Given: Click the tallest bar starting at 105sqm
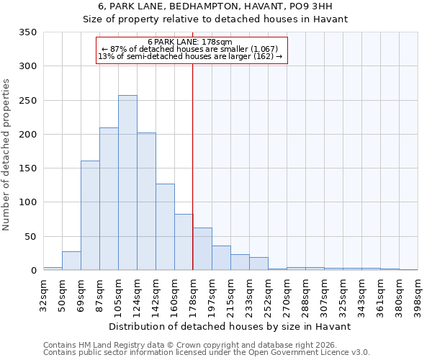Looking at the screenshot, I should coord(127,183).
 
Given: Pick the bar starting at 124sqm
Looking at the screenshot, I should coord(146,202).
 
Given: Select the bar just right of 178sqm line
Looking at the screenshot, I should coord(202,249).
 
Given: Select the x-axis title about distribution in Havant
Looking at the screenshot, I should coord(230,326).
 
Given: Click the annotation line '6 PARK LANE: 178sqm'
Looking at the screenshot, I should coord(190,42).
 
